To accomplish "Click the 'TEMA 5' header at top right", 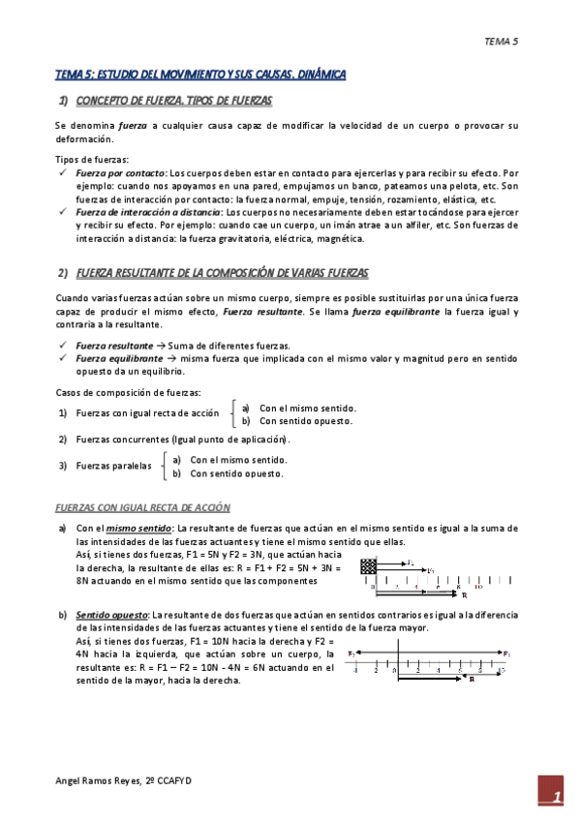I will [502, 42].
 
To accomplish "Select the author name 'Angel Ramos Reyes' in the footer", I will [98, 779].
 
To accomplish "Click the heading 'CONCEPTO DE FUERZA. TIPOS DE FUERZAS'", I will [173, 101].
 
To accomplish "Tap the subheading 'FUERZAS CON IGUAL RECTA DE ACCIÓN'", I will [142, 507].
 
